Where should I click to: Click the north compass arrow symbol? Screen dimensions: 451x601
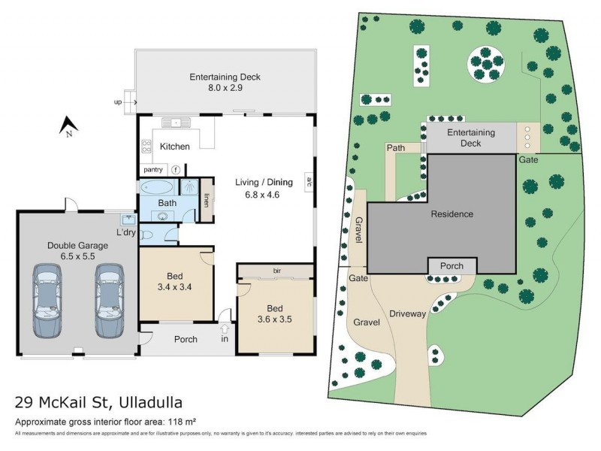tap(65, 124)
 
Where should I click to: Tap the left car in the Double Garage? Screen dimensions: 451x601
tap(47, 300)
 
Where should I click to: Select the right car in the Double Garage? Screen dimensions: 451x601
tap(108, 300)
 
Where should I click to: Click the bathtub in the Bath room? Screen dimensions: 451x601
tap(156, 188)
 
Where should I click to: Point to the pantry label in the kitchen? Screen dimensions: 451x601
tap(153, 170)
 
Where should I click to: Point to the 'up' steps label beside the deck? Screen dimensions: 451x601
tap(117, 101)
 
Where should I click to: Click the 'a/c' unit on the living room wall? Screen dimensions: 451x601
tap(308, 180)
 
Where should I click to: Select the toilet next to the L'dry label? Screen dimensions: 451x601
tap(147, 235)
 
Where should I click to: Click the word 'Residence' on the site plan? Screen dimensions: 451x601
tap(452, 214)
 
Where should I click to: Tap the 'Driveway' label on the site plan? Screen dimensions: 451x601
tap(408, 313)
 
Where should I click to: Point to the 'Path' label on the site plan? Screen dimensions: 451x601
tap(396, 148)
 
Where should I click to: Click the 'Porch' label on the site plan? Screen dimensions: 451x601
tap(452, 266)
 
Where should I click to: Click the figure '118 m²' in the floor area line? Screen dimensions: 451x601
tap(181, 421)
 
